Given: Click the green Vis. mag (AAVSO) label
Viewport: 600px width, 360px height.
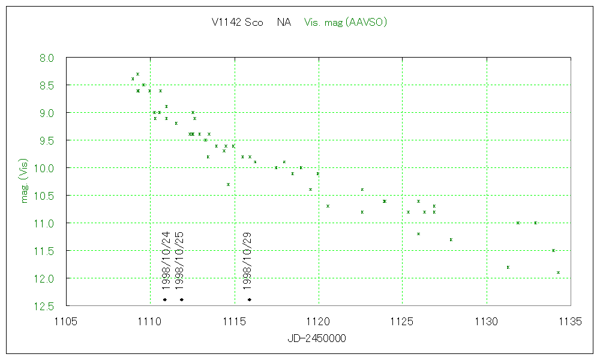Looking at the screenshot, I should [x=345, y=23].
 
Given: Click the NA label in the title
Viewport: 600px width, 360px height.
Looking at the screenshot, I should [x=284, y=23].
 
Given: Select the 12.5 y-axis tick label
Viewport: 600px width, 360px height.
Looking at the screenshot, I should [x=44, y=307].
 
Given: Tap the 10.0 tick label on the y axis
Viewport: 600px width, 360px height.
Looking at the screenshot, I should [x=44, y=169].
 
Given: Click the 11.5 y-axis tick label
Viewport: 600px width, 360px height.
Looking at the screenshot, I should [x=44, y=251].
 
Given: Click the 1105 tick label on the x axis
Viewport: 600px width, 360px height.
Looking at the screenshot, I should [x=66, y=322].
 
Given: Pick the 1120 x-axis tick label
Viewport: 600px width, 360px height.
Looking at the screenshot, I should [x=318, y=322].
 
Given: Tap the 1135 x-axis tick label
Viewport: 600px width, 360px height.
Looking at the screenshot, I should [x=570, y=322].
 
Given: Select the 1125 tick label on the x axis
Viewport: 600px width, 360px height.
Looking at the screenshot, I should [x=402, y=322].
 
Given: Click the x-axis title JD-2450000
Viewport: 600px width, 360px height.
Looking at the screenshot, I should [x=317, y=338].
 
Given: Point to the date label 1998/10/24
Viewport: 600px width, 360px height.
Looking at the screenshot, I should [x=166, y=260].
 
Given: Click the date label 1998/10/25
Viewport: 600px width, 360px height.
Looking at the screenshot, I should [x=179, y=260].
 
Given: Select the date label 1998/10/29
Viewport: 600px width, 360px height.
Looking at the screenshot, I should [x=247, y=260].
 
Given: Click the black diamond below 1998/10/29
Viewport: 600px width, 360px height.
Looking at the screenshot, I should [x=249, y=299].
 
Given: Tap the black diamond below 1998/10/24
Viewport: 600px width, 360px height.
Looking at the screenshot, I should [x=164, y=299].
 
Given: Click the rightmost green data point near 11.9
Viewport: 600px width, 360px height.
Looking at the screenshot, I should [x=558, y=272].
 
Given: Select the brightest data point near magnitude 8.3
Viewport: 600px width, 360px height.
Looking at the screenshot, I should [x=137, y=74].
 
